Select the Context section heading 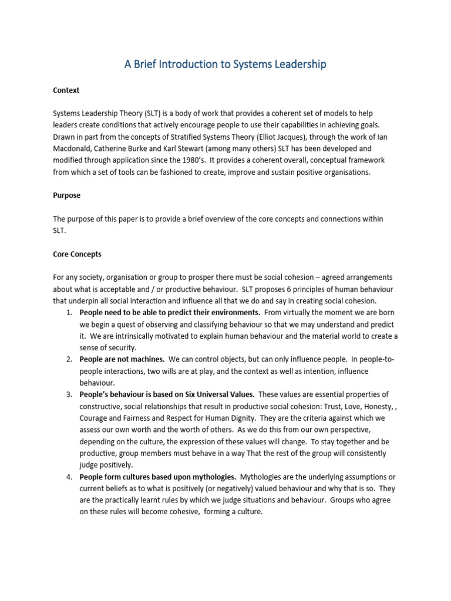pos(66,90)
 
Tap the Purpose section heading pos(67,195)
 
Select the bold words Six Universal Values pos(217,394)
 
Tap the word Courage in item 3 pos(94,417)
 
